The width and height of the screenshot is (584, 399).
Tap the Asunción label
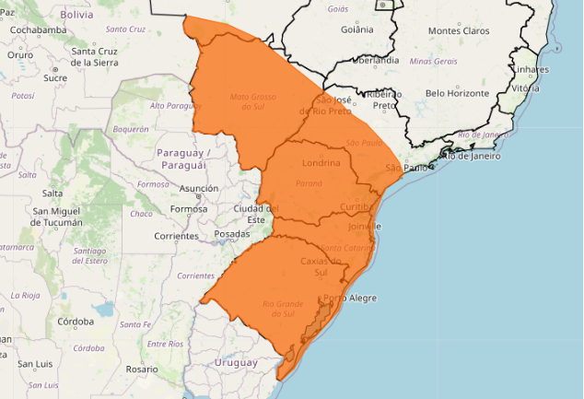199,188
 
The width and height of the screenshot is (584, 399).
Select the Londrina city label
321,163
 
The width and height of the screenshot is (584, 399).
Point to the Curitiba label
354,206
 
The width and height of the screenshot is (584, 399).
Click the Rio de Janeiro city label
471,156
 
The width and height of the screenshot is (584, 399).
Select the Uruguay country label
236,362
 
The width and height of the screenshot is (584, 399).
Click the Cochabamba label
39,29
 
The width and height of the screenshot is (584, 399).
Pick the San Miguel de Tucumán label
58,217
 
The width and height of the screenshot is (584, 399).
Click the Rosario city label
142,369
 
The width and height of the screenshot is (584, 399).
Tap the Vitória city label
526,88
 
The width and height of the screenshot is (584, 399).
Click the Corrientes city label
176,236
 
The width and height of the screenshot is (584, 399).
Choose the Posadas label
231,234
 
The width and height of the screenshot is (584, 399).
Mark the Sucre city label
55,77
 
